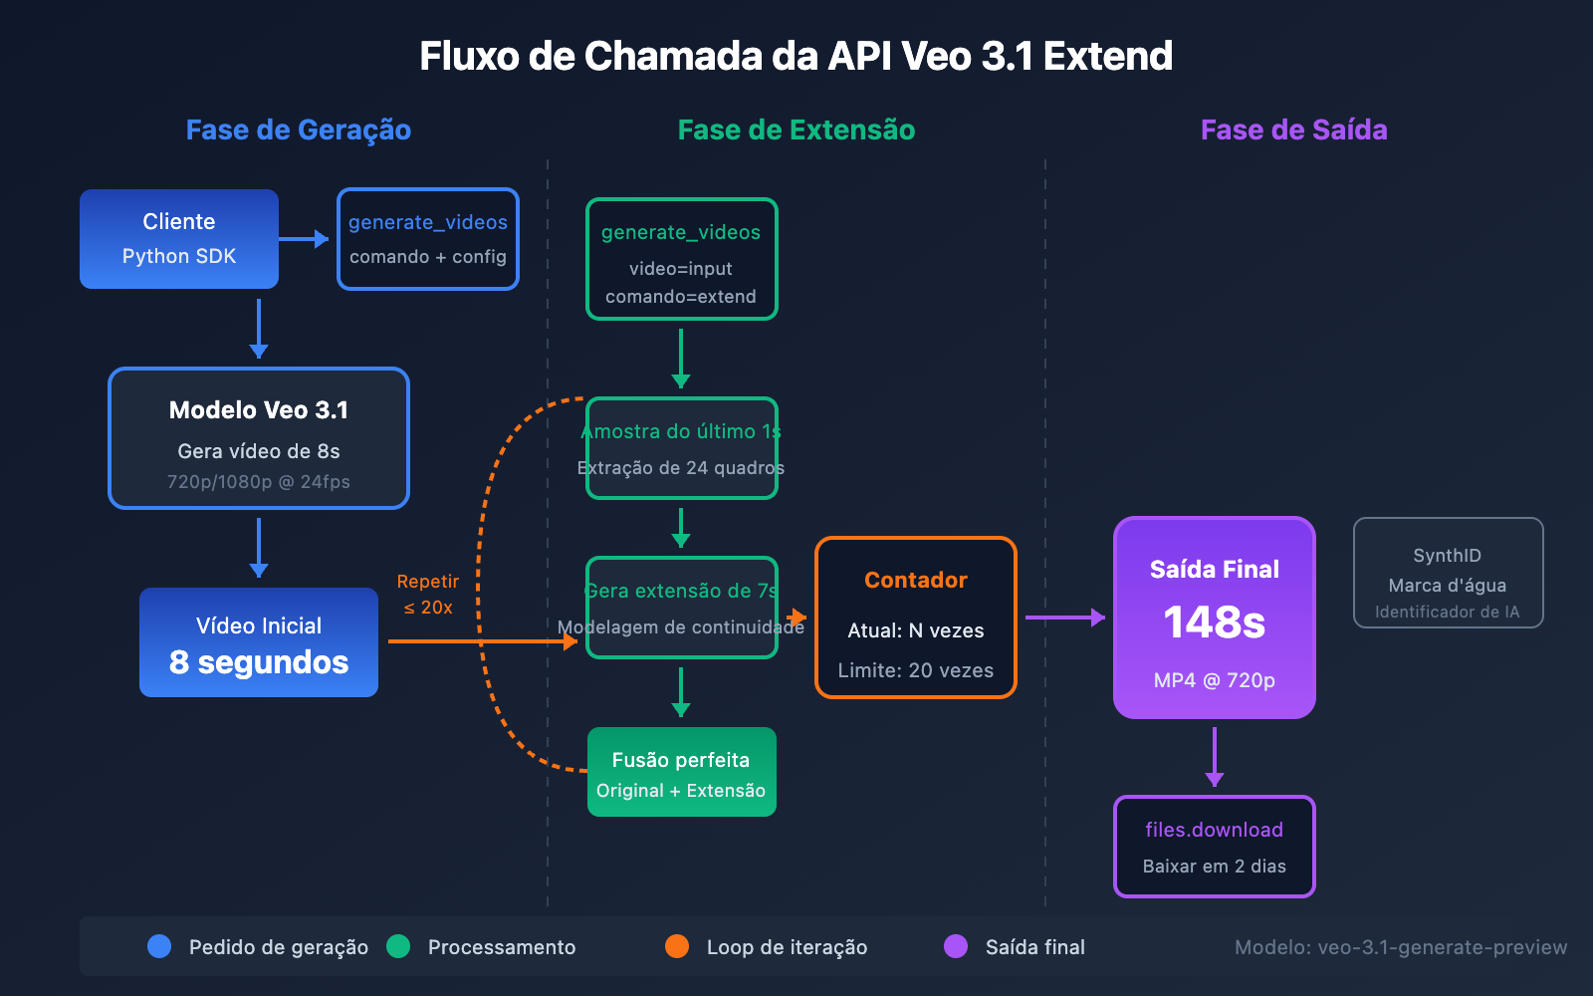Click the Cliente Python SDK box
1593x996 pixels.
pyautogui.click(x=179, y=239)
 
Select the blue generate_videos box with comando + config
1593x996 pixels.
pyautogui.click(x=428, y=239)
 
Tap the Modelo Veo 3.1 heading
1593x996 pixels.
pyautogui.click(x=259, y=410)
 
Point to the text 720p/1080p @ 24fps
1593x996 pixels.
pyautogui.click(x=259, y=482)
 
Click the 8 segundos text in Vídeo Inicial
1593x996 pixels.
pyautogui.click(x=259, y=662)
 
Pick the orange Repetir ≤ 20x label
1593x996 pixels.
pyautogui.click(x=428, y=595)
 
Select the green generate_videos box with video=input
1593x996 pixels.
pyautogui.click(x=681, y=259)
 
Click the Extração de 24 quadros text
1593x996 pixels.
pyautogui.click(x=681, y=468)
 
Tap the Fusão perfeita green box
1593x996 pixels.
pyautogui.click(x=681, y=772)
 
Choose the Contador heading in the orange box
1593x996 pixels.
pyautogui.click(x=916, y=580)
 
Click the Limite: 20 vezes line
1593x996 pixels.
pyautogui.click(x=916, y=670)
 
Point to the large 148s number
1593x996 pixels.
pyautogui.click(x=1215, y=622)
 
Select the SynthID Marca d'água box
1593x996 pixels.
pyautogui.click(x=1448, y=573)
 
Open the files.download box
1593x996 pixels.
pyautogui.click(x=1215, y=847)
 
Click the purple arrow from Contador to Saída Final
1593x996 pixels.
pyautogui.click(x=1063, y=618)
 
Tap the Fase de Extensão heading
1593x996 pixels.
pyautogui.click(x=796, y=129)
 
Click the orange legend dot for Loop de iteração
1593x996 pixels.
pyautogui.click(x=677, y=946)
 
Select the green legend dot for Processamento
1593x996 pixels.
pyautogui.click(x=398, y=946)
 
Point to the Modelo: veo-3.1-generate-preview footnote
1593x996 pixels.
pyautogui.click(x=1401, y=947)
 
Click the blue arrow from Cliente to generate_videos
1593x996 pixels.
pyautogui.click(x=304, y=239)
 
